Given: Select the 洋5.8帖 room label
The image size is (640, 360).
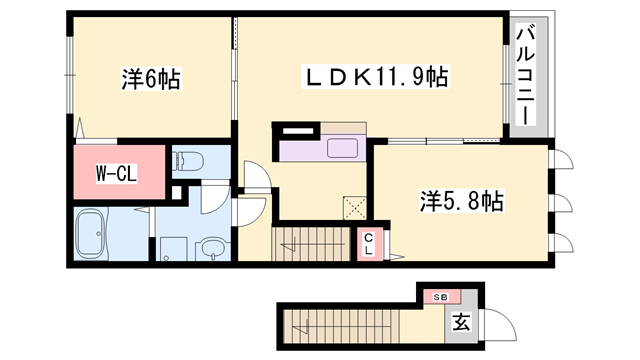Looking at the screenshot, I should (460, 201).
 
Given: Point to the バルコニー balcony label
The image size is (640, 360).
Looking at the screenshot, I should (524, 76).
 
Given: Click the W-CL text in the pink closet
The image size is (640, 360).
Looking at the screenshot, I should (117, 172).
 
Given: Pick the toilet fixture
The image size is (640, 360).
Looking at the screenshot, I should (189, 161).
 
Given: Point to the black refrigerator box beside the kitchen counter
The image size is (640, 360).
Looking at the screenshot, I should (297, 129).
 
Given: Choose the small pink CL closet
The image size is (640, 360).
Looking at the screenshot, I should (367, 244).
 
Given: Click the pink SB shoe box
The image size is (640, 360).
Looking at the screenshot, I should (441, 296).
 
